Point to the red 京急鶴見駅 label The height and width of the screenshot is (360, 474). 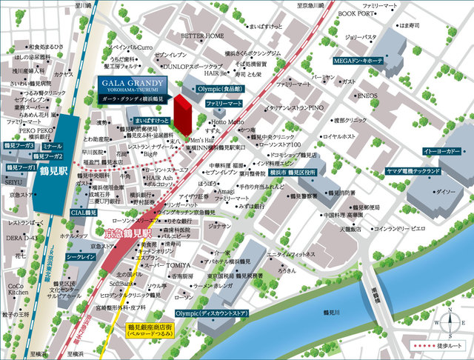click(128, 234)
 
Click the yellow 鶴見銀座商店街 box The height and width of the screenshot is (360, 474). click(151, 330)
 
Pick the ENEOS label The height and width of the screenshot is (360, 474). click(367, 96)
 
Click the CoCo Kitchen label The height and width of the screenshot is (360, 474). click(19, 290)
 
